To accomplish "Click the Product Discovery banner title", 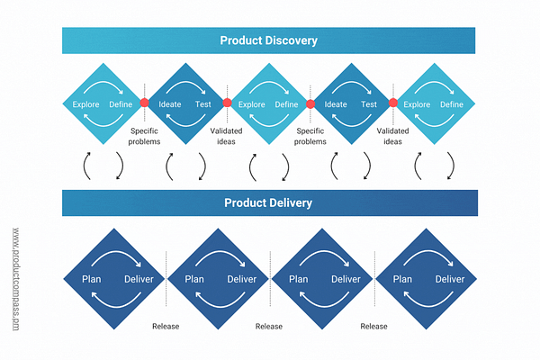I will pos(268,40).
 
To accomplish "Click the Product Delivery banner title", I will pos(268,202).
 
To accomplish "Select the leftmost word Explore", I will pos(85,105).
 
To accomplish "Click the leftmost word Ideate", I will pos(170,105).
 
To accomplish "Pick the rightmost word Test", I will pos(369,105).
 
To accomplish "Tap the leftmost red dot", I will pos(144,103).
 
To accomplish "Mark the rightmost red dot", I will pos(393,103).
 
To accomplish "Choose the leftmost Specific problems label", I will pos(144,136).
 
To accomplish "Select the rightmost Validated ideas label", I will pos(392,136).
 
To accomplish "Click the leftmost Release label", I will pos(166,326).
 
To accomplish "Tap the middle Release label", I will pos(269,326).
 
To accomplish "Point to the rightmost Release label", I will pos(374,326).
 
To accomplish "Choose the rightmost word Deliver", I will pos(450,279).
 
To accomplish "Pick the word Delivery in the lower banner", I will pos(290,202).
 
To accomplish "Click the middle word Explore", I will pos(252,105).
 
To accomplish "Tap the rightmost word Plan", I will pos(401,279).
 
